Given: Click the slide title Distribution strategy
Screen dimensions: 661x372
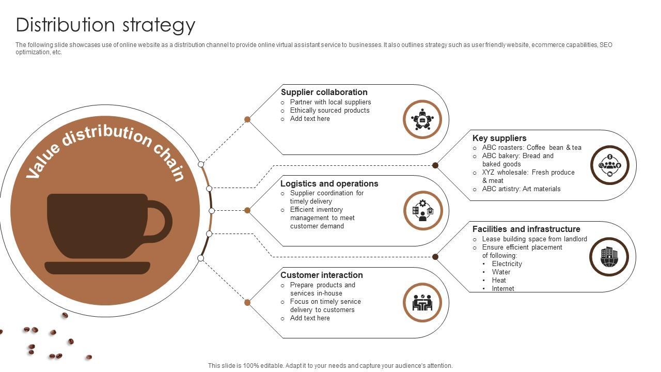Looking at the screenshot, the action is click(106, 25).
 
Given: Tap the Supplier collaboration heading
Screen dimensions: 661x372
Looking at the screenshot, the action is click(324, 92).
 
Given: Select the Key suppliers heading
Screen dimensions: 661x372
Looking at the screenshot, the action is click(499, 138).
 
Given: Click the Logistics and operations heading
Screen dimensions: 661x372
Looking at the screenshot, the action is click(329, 183).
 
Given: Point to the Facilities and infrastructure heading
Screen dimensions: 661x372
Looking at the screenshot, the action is click(526, 229).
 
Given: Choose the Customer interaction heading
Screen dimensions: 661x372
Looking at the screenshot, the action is click(321, 275).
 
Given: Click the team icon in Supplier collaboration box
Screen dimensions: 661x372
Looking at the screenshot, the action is click(422, 119).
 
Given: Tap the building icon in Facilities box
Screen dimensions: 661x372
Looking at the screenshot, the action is click(609, 256).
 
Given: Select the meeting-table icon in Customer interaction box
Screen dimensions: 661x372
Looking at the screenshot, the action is click(422, 302).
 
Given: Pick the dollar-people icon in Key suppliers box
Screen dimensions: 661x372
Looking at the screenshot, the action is click(609, 165).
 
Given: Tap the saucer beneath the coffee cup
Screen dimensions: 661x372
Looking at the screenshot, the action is click(97, 268).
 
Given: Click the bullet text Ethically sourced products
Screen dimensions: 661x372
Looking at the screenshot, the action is click(329, 110).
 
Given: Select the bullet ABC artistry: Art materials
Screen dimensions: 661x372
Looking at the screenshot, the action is click(521, 189).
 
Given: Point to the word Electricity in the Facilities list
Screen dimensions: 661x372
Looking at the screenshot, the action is click(507, 263).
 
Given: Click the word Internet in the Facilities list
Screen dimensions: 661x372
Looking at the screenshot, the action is click(502, 288).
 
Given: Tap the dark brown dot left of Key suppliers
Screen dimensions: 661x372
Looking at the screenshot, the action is click(435, 165).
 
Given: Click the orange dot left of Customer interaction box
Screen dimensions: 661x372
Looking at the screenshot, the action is click(247, 302).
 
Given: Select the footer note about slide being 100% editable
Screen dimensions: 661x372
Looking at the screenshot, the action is click(330, 365).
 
